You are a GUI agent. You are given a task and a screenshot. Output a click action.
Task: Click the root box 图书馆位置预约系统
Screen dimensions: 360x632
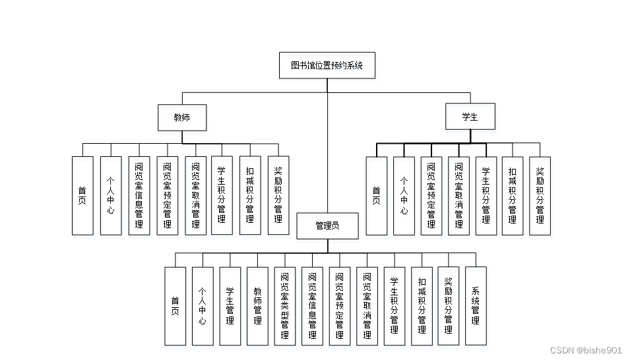[x=327, y=66]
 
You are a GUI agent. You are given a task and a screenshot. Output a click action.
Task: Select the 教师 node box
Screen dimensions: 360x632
[x=181, y=117]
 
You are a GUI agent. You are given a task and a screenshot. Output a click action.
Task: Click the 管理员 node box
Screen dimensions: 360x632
[x=327, y=225]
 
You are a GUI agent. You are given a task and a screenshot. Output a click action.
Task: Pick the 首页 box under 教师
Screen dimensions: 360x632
[x=82, y=196]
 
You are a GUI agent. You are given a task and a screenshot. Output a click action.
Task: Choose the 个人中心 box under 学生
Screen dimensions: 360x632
[x=404, y=196]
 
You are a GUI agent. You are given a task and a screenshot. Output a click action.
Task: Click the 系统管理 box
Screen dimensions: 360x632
[x=476, y=306]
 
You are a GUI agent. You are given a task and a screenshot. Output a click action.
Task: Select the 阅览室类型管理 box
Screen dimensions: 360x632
[x=284, y=306]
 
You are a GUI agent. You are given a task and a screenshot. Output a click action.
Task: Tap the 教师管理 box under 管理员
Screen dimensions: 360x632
[x=257, y=306]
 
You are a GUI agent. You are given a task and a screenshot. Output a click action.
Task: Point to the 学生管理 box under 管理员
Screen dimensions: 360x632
[x=230, y=306]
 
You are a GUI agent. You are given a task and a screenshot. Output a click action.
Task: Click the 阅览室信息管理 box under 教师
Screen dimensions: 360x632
[x=139, y=196]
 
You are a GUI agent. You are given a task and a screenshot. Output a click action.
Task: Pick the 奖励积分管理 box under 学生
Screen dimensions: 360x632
[x=540, y=196]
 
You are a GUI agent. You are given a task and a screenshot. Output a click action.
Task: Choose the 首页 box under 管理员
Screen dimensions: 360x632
[x=175, y=306]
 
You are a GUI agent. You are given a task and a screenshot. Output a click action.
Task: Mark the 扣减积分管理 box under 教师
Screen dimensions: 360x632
[x=249, y=196]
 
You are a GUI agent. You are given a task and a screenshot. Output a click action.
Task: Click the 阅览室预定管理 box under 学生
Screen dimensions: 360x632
[x=431, y=196]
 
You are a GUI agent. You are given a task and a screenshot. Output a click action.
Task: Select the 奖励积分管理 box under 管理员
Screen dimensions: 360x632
[x=449, y=306]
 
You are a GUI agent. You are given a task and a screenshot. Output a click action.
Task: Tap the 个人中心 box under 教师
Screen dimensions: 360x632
[x=111, y=196]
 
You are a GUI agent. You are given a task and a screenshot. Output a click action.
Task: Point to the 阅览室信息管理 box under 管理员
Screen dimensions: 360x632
[x=312, y=306]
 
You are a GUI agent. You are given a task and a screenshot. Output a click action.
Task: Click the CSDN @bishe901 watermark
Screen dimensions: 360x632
[x=586, y=351]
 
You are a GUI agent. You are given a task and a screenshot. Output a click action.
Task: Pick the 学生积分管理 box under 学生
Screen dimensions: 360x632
[x=486, y=196]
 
